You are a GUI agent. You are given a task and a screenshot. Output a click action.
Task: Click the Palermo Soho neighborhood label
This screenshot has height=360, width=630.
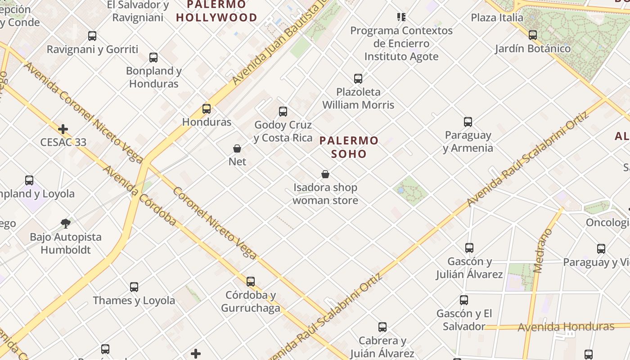click(x=349, y=147)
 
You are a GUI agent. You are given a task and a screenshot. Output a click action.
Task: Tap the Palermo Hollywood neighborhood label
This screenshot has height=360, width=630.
click(x=216, y=11)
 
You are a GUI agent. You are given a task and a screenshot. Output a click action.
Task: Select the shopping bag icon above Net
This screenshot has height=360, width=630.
click(x=237, y=148)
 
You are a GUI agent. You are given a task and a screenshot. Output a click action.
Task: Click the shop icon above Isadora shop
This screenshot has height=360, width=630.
click(x=325, y=174)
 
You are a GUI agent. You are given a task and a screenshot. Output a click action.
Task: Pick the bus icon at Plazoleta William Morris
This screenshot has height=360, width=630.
click(x=358, y=79)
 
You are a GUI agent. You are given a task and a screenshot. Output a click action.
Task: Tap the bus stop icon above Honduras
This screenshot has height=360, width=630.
click(x=207, y=108)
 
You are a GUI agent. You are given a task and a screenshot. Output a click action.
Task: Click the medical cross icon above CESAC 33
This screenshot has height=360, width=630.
click(x=63, y=129)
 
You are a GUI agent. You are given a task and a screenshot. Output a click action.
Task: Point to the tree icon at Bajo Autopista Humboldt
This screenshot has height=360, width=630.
click(x=66, y=223)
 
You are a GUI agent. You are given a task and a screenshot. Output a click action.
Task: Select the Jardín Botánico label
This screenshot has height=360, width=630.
click(x=533, y=49)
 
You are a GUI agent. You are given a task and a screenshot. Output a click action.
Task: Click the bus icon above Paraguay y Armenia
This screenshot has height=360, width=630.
click(x=468, y=122)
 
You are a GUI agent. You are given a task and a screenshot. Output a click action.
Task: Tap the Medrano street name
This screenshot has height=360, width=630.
click(x=543, y=251)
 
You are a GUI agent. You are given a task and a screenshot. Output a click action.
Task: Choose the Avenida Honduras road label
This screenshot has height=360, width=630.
click(x=566, y=327)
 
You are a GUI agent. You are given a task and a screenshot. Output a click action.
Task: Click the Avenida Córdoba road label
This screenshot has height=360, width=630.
click(x=139, y=196)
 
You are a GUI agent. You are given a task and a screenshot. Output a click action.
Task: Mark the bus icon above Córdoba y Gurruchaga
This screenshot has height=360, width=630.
click(x=251, y=282)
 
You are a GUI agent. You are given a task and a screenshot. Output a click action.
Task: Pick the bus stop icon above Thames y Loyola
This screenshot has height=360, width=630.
click(x=134, y=287)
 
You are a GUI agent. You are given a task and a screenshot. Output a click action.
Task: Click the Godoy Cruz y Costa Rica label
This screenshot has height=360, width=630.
click(x=283, y=131)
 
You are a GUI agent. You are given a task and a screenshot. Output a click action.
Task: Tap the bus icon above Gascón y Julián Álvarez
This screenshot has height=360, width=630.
click(x=469, y=247)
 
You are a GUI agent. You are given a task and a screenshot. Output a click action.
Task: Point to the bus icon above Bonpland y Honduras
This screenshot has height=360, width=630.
click(x=153, y=58)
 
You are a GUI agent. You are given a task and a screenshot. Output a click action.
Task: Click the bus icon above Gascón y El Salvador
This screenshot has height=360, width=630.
click(x=464, y=300)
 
